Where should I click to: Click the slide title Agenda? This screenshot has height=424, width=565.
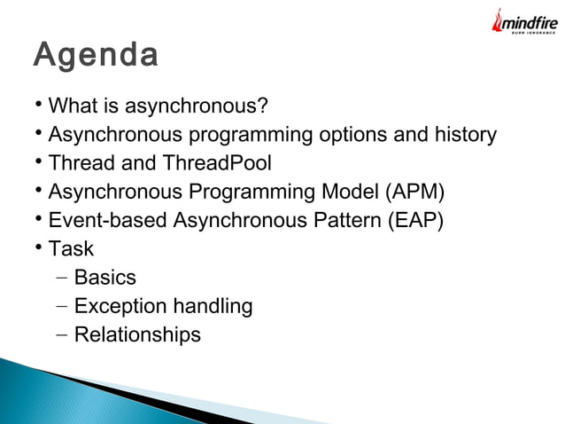tap(96, 55)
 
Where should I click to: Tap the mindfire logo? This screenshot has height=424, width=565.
tap(525, 21)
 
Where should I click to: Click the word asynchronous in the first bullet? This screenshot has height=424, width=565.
tap(187, 106)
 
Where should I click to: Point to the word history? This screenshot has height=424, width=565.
tap(466, 135)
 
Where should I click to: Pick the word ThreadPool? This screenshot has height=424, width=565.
tap(217, 162)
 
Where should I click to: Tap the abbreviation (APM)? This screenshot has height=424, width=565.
tap(414, 192)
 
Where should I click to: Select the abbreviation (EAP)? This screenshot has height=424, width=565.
tap(415, 220)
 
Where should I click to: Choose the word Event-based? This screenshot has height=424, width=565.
tap(107, 220)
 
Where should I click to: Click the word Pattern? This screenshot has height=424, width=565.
tap(347, 220)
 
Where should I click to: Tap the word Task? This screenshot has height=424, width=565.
tap(71, 248)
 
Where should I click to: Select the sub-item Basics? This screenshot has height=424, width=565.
tap(105, 277)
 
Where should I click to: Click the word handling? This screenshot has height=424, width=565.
tap(213, 306)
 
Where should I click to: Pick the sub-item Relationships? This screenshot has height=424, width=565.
tap(137, 335)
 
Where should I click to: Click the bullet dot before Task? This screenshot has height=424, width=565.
tap(39, 247)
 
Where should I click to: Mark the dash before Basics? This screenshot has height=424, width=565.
tap(62, 278)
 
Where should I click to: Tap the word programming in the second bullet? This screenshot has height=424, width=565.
tap(251, 135)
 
